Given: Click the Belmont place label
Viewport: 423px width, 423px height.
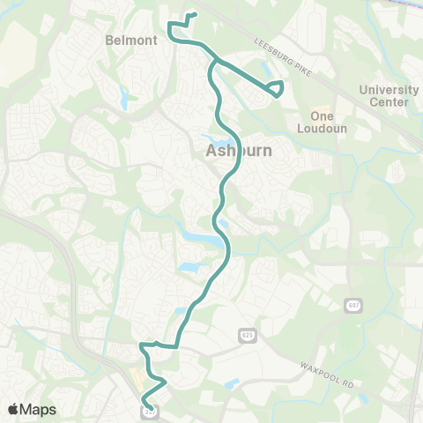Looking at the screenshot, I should point(130,40).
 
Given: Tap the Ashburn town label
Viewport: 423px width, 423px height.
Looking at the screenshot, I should point(239,152).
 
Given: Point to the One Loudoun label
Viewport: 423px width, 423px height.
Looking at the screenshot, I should point(330,122).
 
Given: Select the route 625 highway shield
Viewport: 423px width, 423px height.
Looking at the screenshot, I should point(249,336).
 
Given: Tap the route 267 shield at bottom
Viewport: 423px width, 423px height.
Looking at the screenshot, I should point(150,410).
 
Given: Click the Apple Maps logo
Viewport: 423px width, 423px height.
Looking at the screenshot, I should point(32,409).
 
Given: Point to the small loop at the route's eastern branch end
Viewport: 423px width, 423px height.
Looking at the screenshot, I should point(276,88).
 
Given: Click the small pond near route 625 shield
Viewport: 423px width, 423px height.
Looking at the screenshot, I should point(231,383).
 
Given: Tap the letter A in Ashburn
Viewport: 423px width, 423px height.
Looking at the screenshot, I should point(211,152).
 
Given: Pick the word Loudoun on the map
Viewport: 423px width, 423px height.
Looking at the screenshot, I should point(330,128).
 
